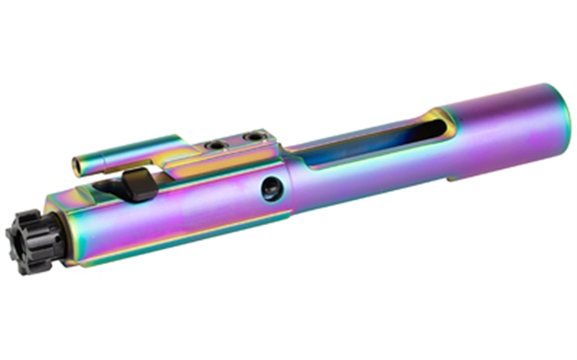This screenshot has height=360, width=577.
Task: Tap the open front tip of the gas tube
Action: click(x=78, y=167)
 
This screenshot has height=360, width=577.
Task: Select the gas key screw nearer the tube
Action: click(x=215, y=146)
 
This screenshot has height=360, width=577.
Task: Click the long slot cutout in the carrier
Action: click(x=369, y=148)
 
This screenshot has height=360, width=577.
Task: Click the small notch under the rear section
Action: click(x=452, y=178)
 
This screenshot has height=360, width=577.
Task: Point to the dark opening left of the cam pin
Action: click(x=109, y=189)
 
